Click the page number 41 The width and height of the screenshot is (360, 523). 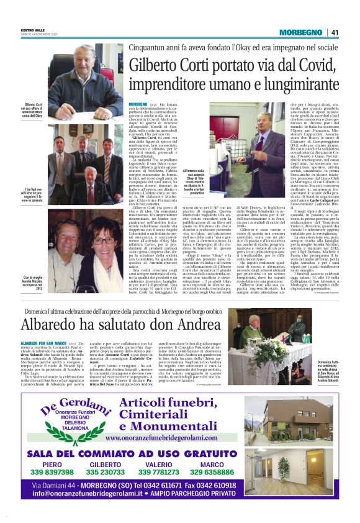(x=335, y=32)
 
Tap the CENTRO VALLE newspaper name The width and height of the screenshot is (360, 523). (x=33, y=29)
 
